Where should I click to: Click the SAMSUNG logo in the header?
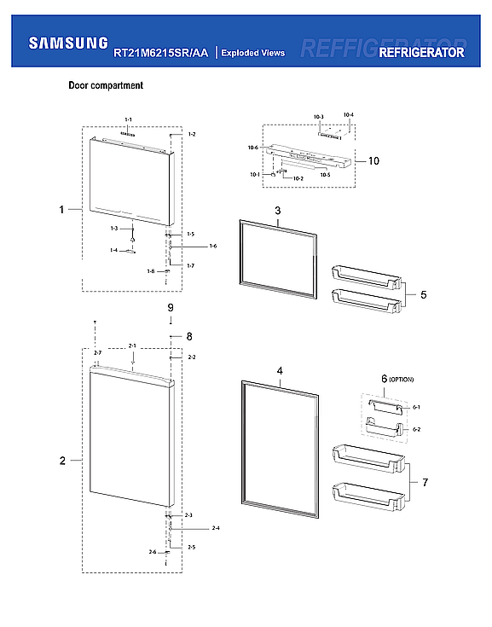(x=68, y=43)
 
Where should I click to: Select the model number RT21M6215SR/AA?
(x=160, y=53)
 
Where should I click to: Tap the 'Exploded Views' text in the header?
(x=252, y=53)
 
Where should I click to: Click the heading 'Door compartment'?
(x=106, y=85)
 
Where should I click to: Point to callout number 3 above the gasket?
(x=278, y=210)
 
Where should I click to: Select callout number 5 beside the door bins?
(x=423, y=295)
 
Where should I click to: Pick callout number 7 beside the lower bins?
(x=425, y=483)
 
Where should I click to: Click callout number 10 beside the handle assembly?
(x=373, y=160)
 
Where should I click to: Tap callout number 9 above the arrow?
(x=171, y=307)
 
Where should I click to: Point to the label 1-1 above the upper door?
(x=128, y=119)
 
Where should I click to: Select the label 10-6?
(x=253, y=148)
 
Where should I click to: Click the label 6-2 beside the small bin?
(x=416, y=429)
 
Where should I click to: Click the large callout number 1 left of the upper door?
(x=62, y=208)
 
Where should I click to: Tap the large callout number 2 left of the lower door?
(x=62, y=461)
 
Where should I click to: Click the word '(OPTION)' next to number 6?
(x=402, y=379)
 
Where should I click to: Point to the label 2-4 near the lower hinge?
(x=216, y=528)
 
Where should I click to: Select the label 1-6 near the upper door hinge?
(x=213, y=246)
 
